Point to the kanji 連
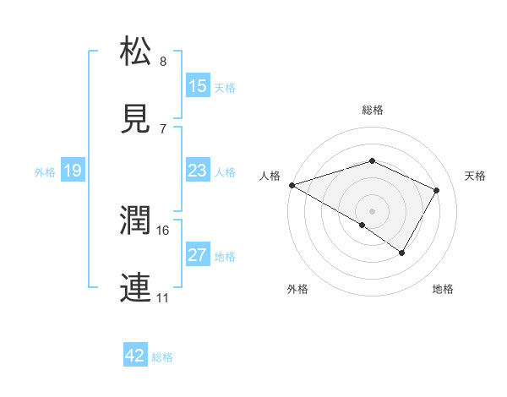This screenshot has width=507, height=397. [137, 288]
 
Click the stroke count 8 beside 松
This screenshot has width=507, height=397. [163, 62]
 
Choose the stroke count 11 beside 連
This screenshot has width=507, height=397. [162, 298]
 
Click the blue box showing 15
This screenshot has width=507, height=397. [198, 86]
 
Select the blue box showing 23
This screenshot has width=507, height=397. [198, 171]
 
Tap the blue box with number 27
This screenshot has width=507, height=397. [198, 255]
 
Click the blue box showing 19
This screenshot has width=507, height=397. [73, 171]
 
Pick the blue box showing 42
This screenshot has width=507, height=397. [135, 356]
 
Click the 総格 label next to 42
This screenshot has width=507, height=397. [162, 357]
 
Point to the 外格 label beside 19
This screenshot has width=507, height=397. [45, 171]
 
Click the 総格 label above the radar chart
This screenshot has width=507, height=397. [372, 110]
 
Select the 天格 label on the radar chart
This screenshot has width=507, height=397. [476, 176]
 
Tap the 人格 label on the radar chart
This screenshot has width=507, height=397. [270, 176]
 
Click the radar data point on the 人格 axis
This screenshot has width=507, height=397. [292, 184]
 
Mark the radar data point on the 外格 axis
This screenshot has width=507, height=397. [363, 225]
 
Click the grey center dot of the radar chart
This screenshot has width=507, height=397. [372, 210]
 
